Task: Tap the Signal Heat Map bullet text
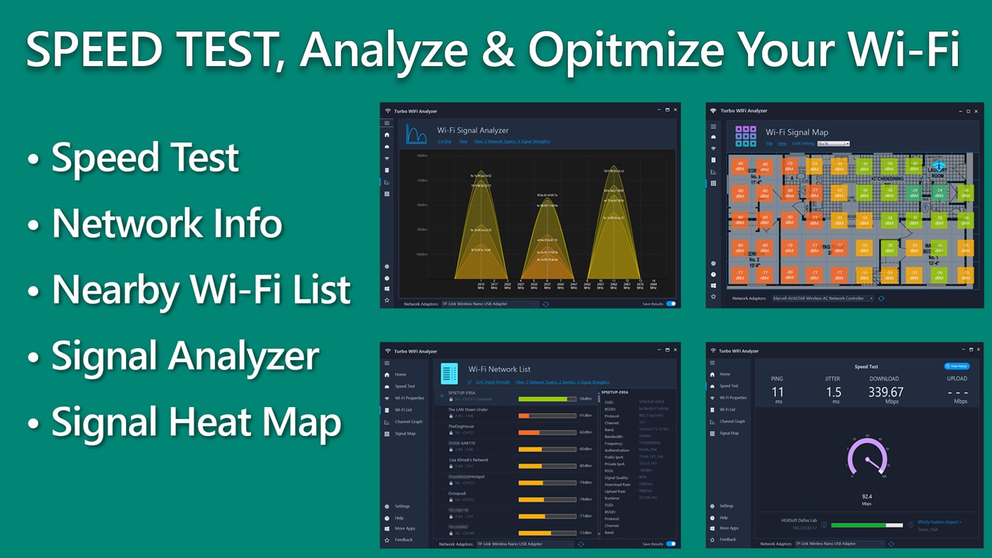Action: coord(196,422)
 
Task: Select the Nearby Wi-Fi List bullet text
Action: coord(201,289)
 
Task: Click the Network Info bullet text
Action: coord(167,223)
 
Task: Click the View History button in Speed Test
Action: coord(957,366)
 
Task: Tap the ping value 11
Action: coord(778,392)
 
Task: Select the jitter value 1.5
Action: coord(833,392)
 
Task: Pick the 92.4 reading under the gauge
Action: coord(866,496)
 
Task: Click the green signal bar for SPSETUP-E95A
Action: coord(543,398)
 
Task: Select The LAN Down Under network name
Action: coord(468,410)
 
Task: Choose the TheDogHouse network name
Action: coord(462,426)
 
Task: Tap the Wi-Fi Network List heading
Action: coord(499,369)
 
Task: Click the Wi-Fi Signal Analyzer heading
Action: coord(472,130)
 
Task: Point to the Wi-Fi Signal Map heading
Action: coord(796,132)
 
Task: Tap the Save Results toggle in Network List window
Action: coord(670,544)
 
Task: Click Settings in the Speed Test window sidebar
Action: coord(727,506)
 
